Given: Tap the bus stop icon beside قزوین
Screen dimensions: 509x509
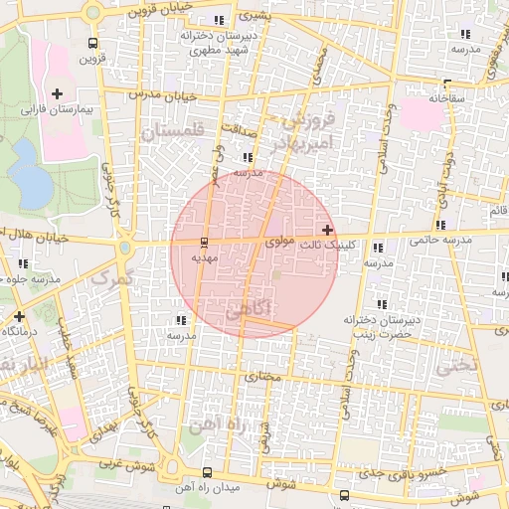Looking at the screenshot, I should click(x=92, y=43).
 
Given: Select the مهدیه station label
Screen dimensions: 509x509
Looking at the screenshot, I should click(x=204, y=257).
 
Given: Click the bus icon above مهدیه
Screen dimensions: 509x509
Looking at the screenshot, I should click(x=204, y=242).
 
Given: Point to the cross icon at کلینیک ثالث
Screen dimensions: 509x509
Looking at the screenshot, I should click(x=328, y=230).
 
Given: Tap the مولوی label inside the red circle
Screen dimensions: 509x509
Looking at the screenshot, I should click(x=279, y=242).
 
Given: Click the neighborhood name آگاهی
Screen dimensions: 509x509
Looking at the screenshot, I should click(x=254, y=309).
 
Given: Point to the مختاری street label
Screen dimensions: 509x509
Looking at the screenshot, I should click(x=262, y=378).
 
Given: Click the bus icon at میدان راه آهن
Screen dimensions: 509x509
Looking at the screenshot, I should click(x=207, y=472).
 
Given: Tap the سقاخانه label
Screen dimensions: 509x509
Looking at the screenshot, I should click(x=448, y=98).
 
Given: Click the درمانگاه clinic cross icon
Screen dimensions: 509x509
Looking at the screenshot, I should click(x=19, y=316).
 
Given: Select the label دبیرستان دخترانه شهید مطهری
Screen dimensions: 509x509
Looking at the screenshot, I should click(x=218, y=41).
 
